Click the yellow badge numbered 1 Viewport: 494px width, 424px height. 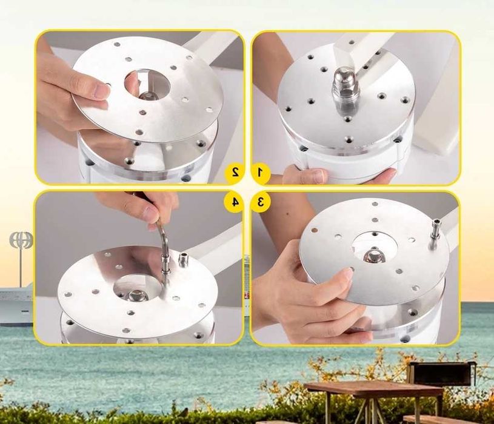tap(260, 173)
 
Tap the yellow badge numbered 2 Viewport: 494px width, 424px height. tap(235, 173)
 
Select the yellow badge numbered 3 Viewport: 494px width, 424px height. tap(260, 202)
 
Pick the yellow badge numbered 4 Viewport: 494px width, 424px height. tap(235, 202)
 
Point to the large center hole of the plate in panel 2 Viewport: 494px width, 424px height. tap(147, 84)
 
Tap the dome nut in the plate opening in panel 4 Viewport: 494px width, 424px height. tap(136, 295)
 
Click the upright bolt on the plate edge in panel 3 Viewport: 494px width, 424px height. tap(436, 232)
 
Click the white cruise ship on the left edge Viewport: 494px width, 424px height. tap(16, 303)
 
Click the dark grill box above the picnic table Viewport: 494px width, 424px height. tap(441, 374)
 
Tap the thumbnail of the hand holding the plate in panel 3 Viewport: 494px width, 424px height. tap(347, 274)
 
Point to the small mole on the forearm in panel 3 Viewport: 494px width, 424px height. tap(287, 214)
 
